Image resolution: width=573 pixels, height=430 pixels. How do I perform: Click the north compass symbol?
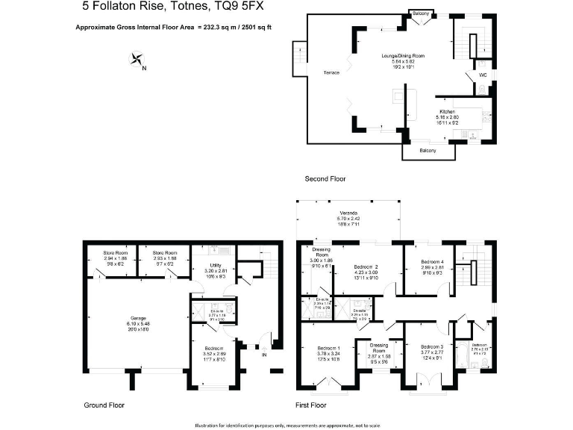point(137,60)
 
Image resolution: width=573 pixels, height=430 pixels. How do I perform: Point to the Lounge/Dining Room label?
point(403,56)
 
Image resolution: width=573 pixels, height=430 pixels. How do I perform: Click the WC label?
point(483,75)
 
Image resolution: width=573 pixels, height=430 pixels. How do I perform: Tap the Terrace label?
point(331,72)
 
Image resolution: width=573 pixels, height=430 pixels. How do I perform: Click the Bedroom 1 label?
point(328,348)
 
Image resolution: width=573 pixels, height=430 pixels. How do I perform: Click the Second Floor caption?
point(325,179)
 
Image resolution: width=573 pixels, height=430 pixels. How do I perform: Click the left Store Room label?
point(116,253)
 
